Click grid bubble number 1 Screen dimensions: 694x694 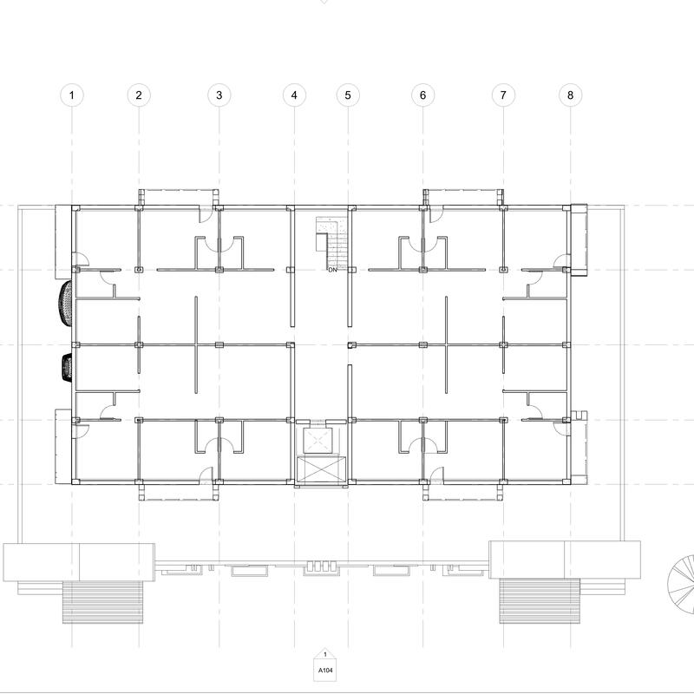pos(72,95)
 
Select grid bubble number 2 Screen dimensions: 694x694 pos(139,95)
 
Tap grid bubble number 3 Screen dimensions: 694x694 pos(219,95)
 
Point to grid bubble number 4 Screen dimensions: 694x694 pos(294,95)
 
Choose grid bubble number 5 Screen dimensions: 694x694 pos(348,95)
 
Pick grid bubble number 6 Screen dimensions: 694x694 pos(422,95)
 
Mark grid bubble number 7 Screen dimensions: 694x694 pos(503,95)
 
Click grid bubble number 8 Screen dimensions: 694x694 pos(570,95)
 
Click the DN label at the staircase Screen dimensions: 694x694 pos(332,270)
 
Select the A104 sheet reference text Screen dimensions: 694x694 pos(325,670)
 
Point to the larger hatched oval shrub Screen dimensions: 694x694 pos(65,304)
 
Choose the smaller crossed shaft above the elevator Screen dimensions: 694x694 pos(318,441)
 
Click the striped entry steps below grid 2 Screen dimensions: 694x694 pos(102,602)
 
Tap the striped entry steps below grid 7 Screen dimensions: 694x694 pos(540,601)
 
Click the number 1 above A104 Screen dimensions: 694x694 pos(325,655)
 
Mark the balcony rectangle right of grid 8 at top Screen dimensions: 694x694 pos(579,239)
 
